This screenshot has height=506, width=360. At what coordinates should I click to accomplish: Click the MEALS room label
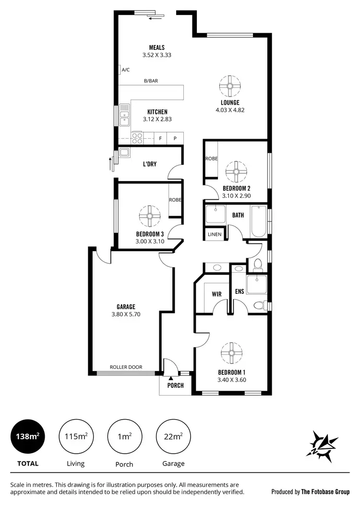157,48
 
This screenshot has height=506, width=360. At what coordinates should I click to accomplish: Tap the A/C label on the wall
126,70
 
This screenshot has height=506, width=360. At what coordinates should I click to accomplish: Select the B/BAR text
151,81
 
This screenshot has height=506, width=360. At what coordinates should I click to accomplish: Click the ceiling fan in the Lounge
229,86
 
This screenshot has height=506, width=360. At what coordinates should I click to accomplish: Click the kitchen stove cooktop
137,138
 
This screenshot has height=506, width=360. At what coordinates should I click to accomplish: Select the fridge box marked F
161,138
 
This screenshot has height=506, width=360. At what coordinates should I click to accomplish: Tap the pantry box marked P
175,138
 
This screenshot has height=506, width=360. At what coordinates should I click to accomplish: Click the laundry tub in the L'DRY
124,153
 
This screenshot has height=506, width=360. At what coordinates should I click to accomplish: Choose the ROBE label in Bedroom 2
211,159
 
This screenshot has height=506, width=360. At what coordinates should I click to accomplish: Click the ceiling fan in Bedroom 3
150,216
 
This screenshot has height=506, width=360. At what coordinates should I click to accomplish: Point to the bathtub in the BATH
259,221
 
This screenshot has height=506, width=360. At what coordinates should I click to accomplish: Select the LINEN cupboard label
214,234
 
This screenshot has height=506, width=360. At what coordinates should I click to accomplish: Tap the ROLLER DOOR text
126,367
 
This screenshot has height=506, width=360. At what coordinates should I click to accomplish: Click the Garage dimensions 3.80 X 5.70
126,314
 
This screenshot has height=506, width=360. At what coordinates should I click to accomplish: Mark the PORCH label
175,386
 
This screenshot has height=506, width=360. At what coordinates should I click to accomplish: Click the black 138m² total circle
28,436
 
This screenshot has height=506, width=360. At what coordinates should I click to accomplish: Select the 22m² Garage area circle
173,436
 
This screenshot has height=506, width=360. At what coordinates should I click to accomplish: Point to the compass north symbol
323,444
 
